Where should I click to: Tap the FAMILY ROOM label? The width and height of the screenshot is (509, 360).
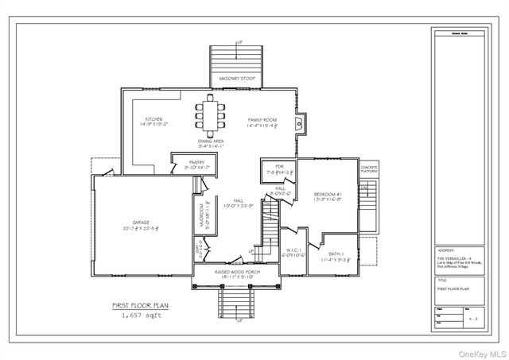coord(264,119)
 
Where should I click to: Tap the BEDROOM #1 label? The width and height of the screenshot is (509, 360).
coord(328,194)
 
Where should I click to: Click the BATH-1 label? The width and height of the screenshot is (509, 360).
coord(336,256)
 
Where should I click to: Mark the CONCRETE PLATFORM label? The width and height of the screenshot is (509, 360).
coord(368,169)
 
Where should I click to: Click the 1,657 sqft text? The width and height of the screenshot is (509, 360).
coord(140,315)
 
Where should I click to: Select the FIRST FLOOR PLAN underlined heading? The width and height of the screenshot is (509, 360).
coord(140,304)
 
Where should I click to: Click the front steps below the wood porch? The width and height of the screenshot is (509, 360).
coord(236,306)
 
